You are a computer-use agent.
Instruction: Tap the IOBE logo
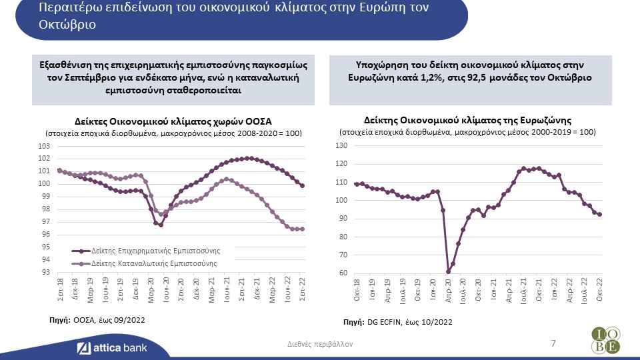(604, 340)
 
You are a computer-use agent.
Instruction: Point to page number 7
(553, 343)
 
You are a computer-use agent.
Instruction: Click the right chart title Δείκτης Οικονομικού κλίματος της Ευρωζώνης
(467, 120)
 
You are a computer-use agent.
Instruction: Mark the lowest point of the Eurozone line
(448, 271)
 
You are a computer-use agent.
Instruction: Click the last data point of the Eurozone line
(599, 215)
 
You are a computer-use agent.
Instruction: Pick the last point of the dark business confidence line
(303, 186)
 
